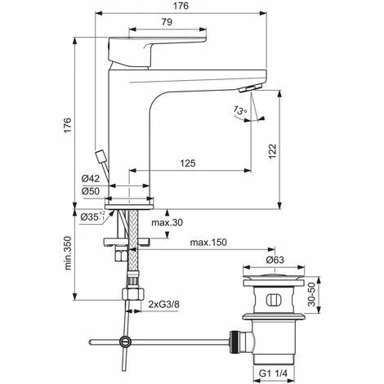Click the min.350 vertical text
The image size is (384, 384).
[x=69, y=255]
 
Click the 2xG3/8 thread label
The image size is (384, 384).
[x=164, y=305]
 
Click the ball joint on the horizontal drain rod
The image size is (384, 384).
[x=124, y=342]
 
